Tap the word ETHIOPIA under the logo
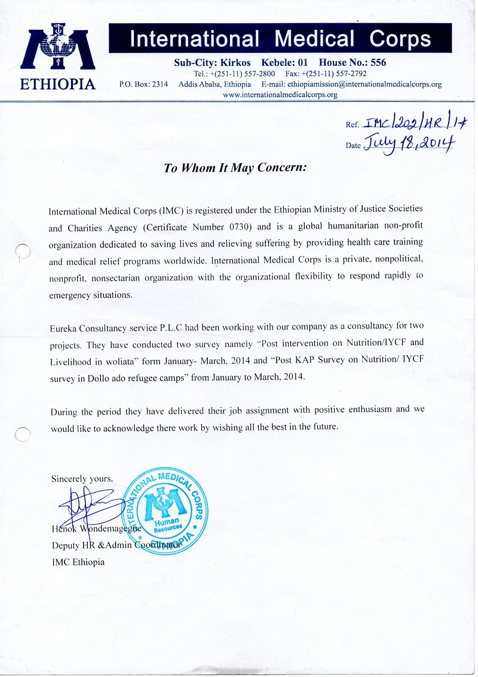click(x=58, y=84)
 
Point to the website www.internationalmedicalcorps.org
click(x=280, y=94)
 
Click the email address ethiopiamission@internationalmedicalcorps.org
click(x=364, y=84)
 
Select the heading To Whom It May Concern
click(x=235, y=168)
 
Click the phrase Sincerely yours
click(x=81, y=478)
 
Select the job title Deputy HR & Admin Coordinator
click(x=115, y=545)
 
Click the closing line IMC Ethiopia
click(x=78, y=562)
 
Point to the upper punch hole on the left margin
click(x=22, y=254)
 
